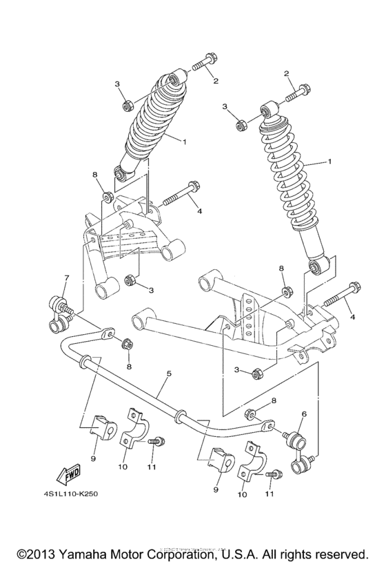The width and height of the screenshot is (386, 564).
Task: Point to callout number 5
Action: coord(169,373)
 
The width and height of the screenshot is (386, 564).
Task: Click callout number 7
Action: coord(66,278)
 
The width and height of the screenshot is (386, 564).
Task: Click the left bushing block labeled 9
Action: coord(102,427)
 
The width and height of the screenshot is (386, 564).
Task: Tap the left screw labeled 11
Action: coord(156,440)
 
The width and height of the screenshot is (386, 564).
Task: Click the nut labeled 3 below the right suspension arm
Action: coord(256,373)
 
